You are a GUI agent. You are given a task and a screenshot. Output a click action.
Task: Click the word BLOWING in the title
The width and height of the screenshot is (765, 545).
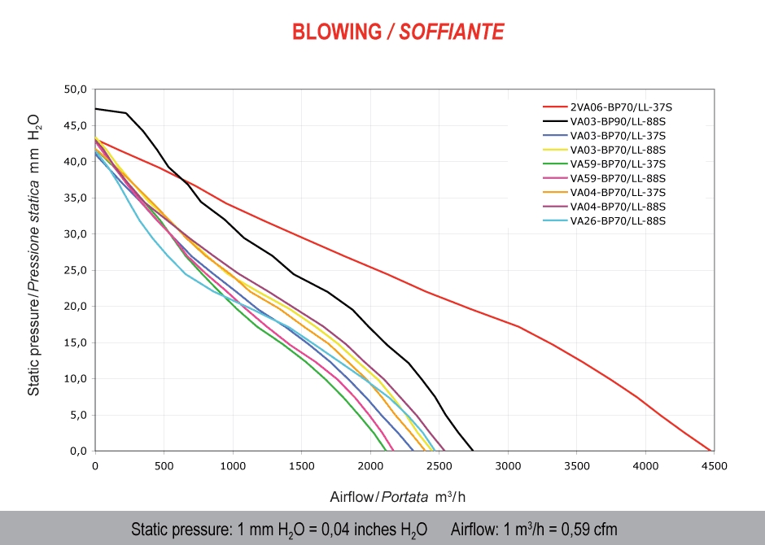336,32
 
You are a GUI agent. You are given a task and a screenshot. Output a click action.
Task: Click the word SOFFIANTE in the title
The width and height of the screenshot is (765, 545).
452,32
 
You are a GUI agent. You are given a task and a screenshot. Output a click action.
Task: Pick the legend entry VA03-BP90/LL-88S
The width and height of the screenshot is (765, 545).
619,121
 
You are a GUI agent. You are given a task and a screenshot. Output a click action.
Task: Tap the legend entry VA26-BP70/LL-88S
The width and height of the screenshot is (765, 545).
619,221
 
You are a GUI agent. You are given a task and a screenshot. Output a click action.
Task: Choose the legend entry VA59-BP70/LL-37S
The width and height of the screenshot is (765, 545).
619,164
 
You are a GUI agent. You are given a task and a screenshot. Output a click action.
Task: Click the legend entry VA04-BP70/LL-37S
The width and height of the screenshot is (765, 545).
619,193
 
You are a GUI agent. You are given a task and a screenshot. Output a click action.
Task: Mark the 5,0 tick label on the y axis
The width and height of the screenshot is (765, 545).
77,415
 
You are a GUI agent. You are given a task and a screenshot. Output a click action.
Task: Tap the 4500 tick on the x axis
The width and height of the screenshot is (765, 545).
714,466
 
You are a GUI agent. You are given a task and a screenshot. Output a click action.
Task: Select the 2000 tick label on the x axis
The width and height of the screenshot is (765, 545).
370,466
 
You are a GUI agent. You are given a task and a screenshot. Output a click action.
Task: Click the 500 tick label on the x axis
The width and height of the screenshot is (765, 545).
164,466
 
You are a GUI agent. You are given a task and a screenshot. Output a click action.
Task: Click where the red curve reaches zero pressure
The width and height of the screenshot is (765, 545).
711,451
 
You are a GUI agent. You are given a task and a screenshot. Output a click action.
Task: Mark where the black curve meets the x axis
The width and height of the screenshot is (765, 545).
473,451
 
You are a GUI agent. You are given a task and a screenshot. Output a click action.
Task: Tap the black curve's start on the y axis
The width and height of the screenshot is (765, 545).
96,108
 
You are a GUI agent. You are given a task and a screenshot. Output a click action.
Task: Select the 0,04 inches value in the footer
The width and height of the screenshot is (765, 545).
342,530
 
